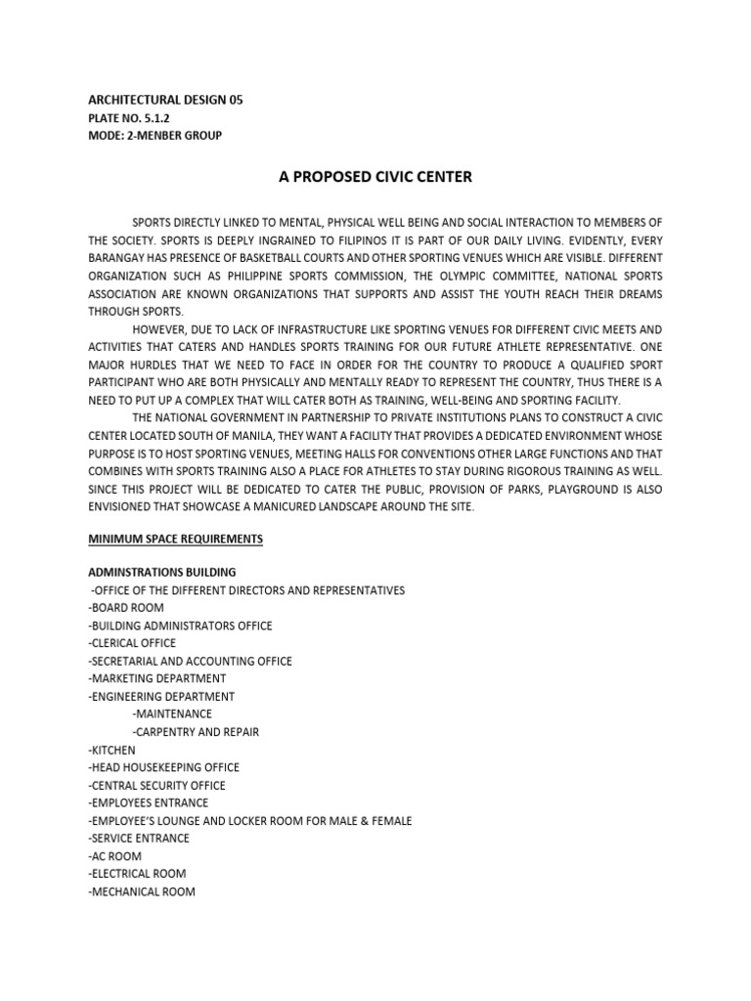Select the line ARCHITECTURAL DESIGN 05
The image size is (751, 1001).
pyautogui.click(x=165, y=100)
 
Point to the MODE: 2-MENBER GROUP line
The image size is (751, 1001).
pyautogui.click(x=155, y=135)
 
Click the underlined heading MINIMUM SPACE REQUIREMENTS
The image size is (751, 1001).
pyautogui.click(x=175, y=539)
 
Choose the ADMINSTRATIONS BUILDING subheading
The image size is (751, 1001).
pyautogui.click(x=161, y=572)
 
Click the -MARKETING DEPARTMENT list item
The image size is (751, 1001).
pyautogui.click(x=156, y=678)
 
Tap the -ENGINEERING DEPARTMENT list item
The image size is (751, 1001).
pyautogui.click(x=161, y=696)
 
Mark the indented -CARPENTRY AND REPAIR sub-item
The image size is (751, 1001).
pyautogui.click(x=196, y=731)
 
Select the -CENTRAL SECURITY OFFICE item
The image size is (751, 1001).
pyautogui.click(x=156, y=785)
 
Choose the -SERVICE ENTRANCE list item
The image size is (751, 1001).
pyautogui.click(x=139, y=838)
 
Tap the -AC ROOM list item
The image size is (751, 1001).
pyautogui.click(x=114, y=855)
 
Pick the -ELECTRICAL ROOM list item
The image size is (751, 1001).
pyautogui.click(x=137, y=873)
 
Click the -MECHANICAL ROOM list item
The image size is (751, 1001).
pyautogui.click(x=142, y=892)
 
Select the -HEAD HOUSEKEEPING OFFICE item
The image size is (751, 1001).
pyautogui.click(x=163, y=767)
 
